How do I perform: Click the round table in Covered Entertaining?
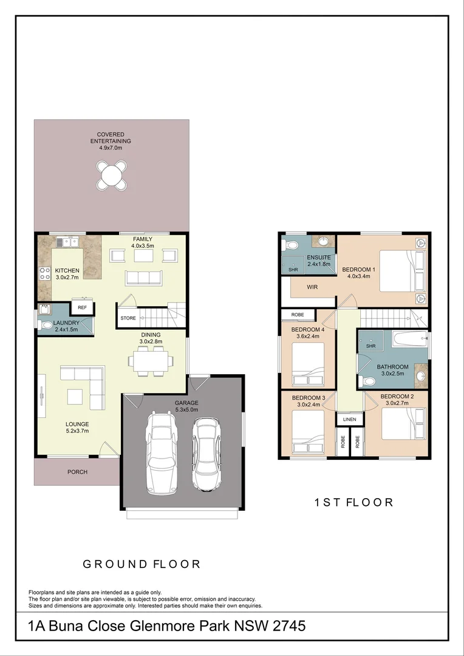[111, 175]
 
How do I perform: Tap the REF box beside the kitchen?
[82, 307]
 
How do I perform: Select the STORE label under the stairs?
[128, 318]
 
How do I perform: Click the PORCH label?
[77, 472]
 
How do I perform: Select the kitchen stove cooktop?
[44, 273]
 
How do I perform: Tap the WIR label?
[313, 287]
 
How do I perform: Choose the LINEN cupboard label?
[349, 420]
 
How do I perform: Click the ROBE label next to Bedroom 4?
[298, 315]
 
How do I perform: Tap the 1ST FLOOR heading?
[353, 502]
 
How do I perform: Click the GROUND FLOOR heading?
[142, 564]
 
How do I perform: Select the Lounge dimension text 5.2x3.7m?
[77, 431]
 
